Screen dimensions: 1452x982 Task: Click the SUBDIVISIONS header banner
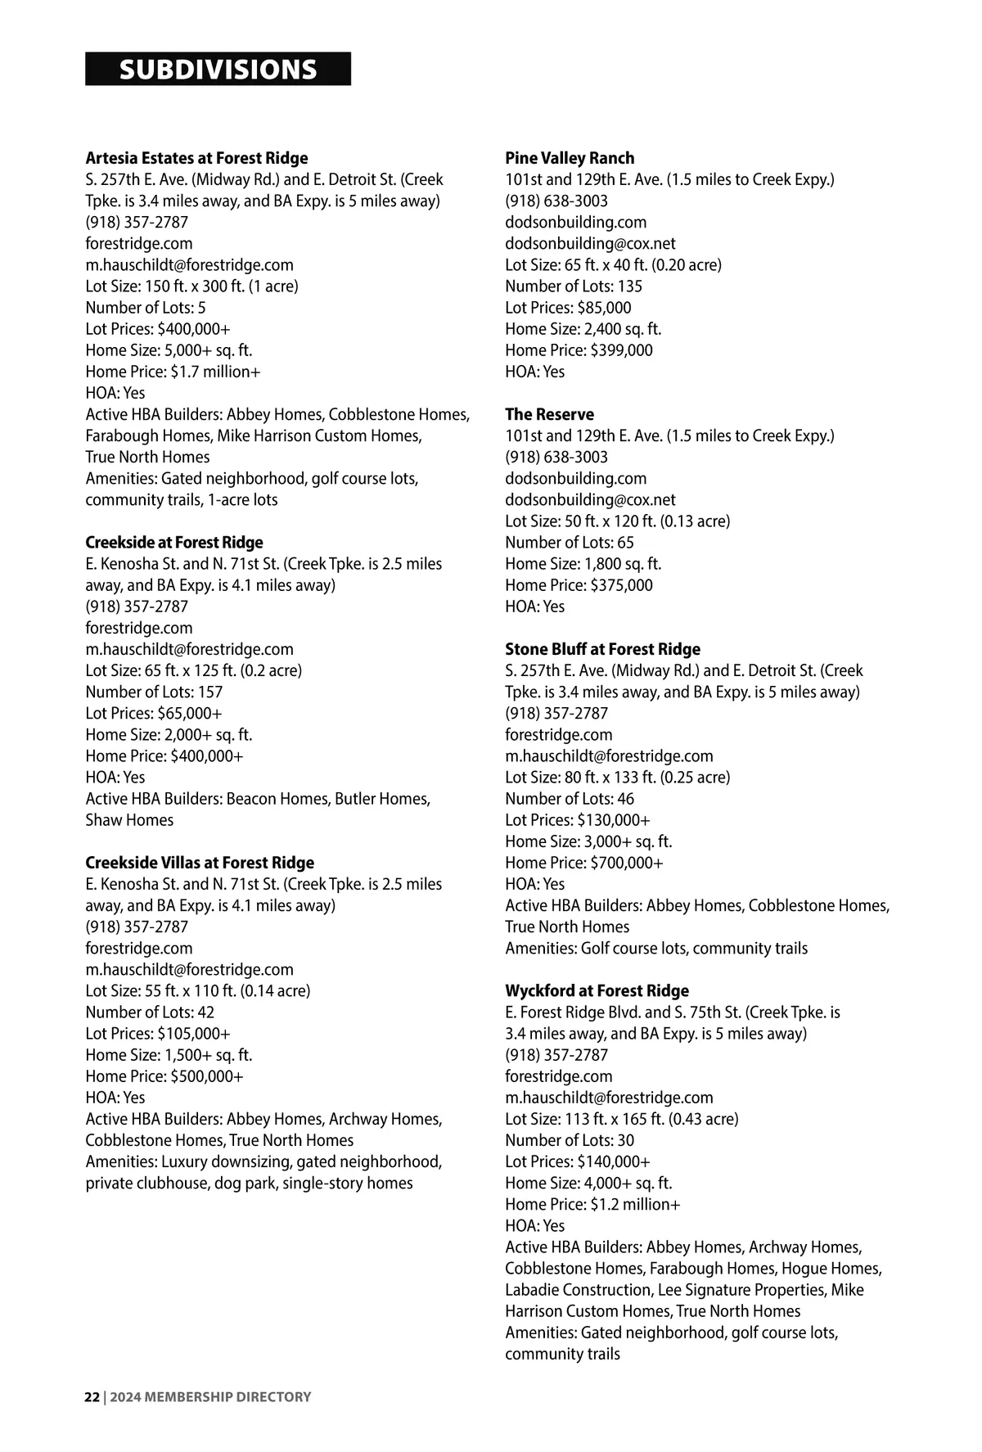point(218,70)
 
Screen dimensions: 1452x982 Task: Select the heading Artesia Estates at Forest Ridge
point(196,158)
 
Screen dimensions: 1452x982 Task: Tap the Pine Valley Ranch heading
point(570,158)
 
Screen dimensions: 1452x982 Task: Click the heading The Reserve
point(549,414)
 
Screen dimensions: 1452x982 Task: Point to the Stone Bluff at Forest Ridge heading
point(602,649)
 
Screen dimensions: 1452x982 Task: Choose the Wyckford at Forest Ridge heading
point(597,990)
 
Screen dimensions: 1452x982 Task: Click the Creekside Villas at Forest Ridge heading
point(200,863)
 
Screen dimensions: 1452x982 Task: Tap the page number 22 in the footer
point(92,1396)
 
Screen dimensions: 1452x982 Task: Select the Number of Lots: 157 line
point(154,692)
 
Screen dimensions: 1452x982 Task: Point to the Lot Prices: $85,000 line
point(568,308)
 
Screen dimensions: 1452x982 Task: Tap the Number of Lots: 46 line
point(570,799)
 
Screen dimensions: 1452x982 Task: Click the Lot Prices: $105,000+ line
point(158,1034)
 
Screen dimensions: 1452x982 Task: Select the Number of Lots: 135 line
point(574,286)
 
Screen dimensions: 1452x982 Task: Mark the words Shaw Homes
point(129,820)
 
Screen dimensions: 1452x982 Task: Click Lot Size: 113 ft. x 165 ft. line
point(621,1119)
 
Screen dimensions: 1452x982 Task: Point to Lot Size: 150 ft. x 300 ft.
point(191,286)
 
